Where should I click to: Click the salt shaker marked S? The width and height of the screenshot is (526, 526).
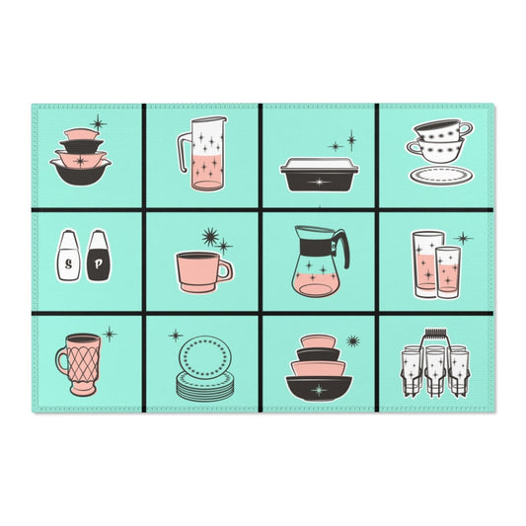[68, 256]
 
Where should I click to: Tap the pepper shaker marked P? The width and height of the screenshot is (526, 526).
[98, 256]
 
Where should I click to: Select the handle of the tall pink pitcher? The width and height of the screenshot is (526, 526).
[183, 153]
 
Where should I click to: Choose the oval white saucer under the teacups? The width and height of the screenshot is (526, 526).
[441, 175]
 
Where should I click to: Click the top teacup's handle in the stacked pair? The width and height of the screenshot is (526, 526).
[466, 128]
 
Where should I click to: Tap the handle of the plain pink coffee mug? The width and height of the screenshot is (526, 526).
[225, 271]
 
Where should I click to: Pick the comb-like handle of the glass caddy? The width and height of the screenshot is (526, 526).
[435, 336]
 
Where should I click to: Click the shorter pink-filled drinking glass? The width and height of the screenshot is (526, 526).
[448, 271]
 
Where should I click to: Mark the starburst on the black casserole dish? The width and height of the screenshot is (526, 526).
[319, 183]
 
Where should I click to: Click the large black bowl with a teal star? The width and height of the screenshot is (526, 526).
[319, 388]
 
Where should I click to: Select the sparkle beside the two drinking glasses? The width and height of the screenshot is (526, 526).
[463, 239]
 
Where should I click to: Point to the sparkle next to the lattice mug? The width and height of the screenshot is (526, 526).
[110, 335]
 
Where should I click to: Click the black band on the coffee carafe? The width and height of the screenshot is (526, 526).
[316, 248]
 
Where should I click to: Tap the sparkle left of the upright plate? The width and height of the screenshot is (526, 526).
[176, 336]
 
